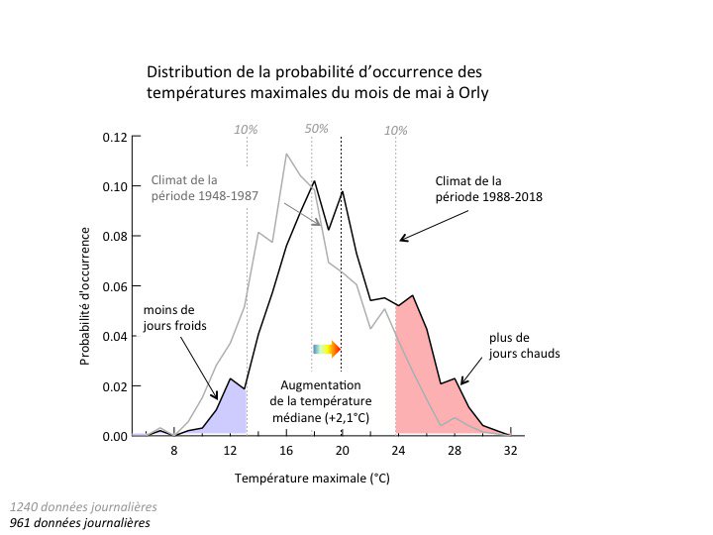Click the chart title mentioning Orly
pos(317,82)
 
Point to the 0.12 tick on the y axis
pos(115,137)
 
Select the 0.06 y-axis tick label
pos(115,286)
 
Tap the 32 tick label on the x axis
pos(509,452)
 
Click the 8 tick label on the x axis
pos(174,452)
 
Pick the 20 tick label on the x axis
pos(342,452)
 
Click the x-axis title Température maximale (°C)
pos(312,479)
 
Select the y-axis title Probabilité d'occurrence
pos(87,295)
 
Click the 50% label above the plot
pos(316,129)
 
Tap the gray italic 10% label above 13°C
pos(245,129)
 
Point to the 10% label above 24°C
pos(395,129)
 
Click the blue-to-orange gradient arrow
pos(326,349)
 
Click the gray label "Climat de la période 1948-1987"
pos(205,187)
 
